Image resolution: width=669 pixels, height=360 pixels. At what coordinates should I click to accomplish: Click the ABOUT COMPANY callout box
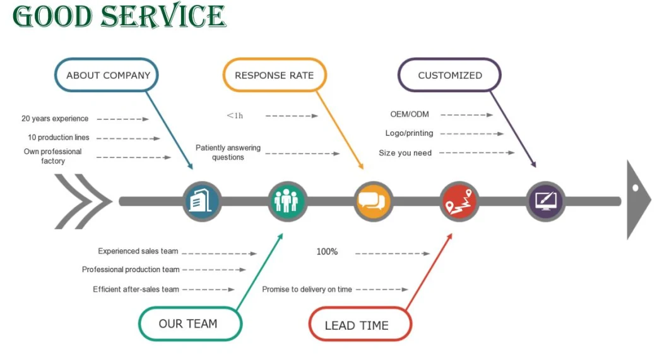[x=107, y=75]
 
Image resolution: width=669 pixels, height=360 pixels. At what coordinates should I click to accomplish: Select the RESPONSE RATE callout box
[x=274, y=75]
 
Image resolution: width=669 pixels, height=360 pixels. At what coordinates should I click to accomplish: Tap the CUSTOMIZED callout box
[x=449, y=75]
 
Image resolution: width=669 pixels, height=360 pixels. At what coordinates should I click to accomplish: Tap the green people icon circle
[x=287, y=201]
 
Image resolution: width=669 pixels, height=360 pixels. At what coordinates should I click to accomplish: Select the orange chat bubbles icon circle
[x=372, y=201]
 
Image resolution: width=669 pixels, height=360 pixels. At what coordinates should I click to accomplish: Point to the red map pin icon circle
[x=459, y=201]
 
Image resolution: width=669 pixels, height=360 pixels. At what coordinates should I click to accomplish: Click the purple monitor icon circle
[x=545, y=201]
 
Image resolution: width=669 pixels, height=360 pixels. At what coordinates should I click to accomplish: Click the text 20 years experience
[x=55, y=119]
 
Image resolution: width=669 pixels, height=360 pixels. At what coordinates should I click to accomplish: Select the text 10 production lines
[x=59, y=138]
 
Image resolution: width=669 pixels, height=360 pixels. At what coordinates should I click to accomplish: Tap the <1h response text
[x=235, y=116]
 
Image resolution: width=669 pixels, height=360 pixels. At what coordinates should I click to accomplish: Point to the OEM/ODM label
[x=410, y=114]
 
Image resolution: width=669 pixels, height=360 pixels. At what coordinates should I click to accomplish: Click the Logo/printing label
[x=409, y=133]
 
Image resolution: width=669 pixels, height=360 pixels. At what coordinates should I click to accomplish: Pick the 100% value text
[x=327, y=252]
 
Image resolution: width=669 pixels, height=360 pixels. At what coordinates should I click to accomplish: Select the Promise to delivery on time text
[x=307, y=289]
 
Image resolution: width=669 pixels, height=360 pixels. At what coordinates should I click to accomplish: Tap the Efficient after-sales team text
[x=136, y=289]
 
